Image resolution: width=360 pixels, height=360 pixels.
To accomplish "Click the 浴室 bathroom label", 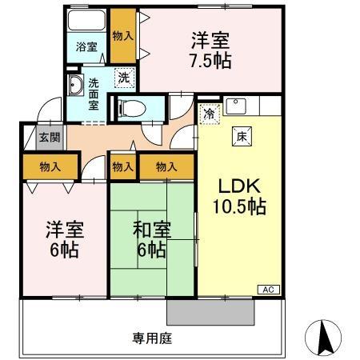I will [x=86, y=47].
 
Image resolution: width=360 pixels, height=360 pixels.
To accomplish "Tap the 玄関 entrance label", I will [x=49, y=137].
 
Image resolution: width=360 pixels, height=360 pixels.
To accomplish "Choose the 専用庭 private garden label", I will [x=152, y=337].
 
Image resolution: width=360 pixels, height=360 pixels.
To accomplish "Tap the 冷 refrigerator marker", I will [x=209, y=114].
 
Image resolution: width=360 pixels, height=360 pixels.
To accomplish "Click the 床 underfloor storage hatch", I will [x=239, y=135].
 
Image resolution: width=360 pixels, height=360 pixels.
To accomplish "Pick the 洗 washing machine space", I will [x=124, y=78].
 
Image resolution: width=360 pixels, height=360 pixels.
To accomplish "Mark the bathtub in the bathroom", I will [x=86, y=22].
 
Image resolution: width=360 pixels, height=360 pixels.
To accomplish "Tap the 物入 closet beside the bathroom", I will [x=122, y=37].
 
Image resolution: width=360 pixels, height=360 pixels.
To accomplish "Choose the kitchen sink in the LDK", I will [x=235, y=104].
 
